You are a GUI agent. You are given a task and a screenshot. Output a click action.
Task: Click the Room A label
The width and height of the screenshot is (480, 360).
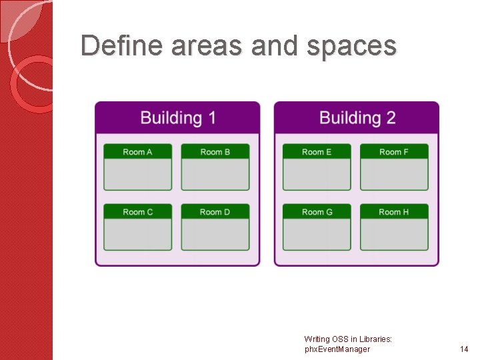(x=137, y=152)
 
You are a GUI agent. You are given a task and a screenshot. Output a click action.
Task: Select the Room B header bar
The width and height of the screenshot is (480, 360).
(x=215, y=152)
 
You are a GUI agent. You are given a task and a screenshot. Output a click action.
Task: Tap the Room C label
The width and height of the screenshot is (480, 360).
(x=137, y=212)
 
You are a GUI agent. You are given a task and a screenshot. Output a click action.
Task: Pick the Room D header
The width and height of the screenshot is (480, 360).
(x=215, y=212)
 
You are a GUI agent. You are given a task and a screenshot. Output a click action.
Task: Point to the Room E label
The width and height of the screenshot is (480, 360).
(x=317, y=152)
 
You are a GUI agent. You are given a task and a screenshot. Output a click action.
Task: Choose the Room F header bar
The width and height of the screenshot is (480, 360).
(x=394, y=152)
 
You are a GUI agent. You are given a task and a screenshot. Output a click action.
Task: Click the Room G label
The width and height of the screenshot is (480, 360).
(x=317, y=212)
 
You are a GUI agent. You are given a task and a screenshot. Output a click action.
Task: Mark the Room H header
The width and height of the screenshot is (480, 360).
(x=394, y=212)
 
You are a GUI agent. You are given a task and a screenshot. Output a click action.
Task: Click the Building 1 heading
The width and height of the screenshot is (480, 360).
(x=178, y=118)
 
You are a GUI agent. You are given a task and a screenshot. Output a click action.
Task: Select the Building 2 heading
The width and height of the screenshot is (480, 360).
(x=357, y=118)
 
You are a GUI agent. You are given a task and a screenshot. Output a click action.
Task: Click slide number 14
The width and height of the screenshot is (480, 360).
(x=464, y=349)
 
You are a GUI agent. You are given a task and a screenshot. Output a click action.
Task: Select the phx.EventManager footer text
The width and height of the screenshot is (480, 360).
(x=337, y=349)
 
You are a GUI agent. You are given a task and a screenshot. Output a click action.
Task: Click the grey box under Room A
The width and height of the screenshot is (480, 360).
(x=137, y=175)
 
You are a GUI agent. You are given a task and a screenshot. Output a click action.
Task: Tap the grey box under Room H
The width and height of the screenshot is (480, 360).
(x=394, y=234)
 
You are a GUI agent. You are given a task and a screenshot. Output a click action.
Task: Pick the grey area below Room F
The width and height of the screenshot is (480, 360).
(x=394, y=175)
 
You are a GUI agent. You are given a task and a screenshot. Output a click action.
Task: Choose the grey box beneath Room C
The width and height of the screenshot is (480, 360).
(x=137, y=234)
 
